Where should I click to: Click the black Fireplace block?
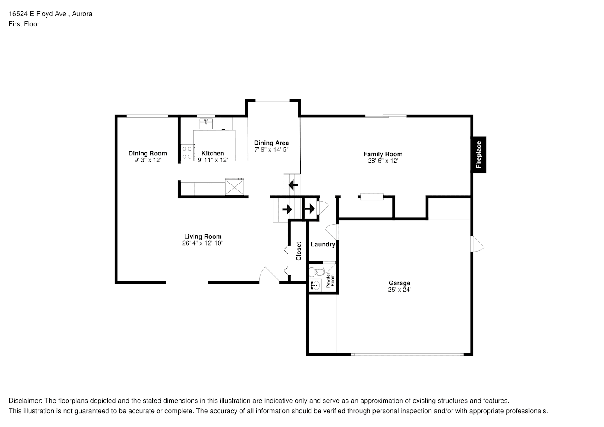pyautogui.click(x=478, y=155)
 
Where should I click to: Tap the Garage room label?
pyautogui.click(x=399, y=283)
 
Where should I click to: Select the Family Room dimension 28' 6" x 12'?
pyautogui.click(x=383, y=161)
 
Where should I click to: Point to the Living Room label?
pyautogui.click(x=203, y=237)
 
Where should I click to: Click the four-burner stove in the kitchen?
pyautogui.click(x=188, y=152)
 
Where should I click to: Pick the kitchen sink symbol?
pyautogui.click(x=206, y=124)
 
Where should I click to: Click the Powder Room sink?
pyautogui.click(x=315, y=285)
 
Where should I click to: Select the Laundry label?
pyautogui.click(x=323, y=244)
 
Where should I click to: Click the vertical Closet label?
pyautogui.click(x=299, y=251)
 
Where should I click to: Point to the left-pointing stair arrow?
pyautogui.click(x=293, y=185)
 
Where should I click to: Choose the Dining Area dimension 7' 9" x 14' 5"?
pyautogui.click(x=271, y=149)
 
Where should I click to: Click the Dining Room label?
pyautogui.click(x=147, y=153)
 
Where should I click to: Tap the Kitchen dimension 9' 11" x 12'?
pyautogui.click(x=213, y=160)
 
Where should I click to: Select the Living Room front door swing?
pyautogui.click(x=269, y=275)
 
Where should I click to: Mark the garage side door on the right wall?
pyautogui.click(x=477, y=244)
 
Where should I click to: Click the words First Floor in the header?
pyautogui.click(x=24, y=24)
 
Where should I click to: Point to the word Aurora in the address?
pyautogui.click(x=82, y=14)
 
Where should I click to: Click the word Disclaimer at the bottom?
pyautogui.click(x=25, y=401)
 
